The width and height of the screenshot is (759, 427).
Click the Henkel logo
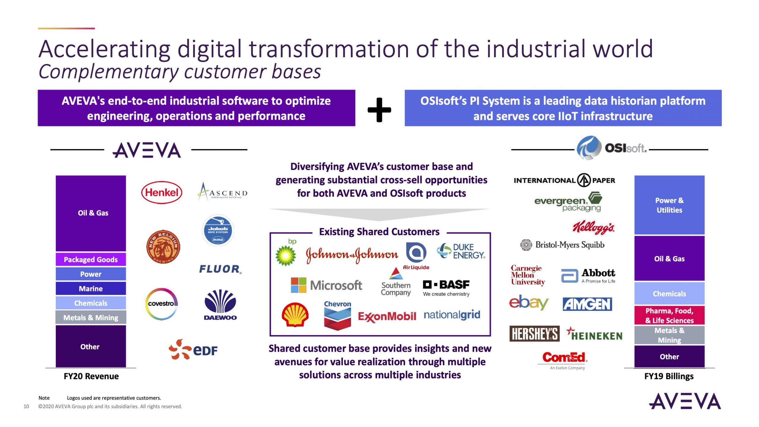162,192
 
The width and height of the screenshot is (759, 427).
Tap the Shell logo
295,315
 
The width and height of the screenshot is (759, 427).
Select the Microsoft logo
326,285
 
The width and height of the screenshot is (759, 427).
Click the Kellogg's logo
593,227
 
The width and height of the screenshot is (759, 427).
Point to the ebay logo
529,302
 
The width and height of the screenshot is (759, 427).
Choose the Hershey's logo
534,334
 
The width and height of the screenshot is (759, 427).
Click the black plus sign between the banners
379,110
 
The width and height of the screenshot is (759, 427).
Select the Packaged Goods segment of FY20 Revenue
91,259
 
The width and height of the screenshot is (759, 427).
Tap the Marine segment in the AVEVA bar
91,289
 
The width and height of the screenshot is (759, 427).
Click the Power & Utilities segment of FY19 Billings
669,205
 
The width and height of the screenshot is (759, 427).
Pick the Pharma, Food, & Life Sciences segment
669,316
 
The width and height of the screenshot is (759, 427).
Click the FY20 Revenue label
91,376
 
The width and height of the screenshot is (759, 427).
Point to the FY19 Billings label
669,376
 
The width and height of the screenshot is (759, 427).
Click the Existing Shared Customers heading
379,232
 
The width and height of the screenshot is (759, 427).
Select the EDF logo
193,350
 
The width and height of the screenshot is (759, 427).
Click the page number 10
26,407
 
